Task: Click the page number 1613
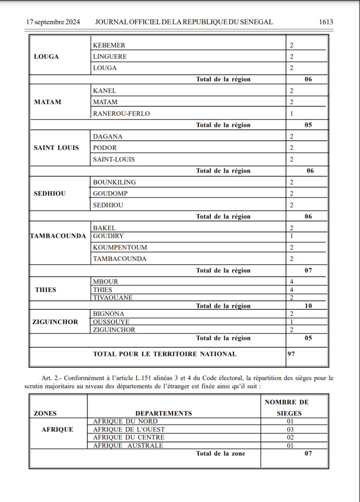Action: (x=326, y=22)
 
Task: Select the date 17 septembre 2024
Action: (x=53, y=22)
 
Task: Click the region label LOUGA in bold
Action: (x=46, y=57)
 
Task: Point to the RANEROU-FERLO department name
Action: (x=122, y=113)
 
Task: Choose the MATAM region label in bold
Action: (x=47, y=102)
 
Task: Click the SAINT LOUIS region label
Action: (x=57, y=148)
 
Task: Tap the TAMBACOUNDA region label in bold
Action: (x=58, y=236)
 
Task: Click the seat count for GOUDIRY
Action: (x=292, y=236)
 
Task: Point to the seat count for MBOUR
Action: (x=292, y=282)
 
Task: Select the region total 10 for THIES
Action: (x=308, y=306)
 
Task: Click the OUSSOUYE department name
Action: (x=111, y=322)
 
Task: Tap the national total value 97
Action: (x=292, y=354)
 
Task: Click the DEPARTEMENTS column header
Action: (x=164, y=413)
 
